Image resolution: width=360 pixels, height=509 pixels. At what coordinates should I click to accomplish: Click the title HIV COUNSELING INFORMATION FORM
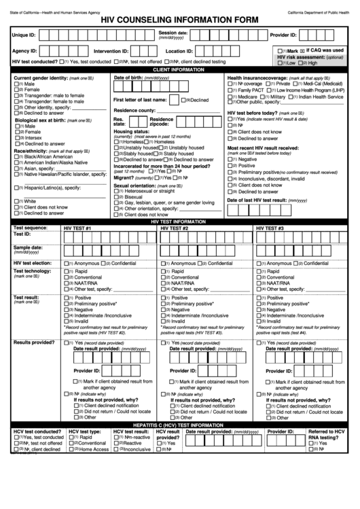[x=179, y=19]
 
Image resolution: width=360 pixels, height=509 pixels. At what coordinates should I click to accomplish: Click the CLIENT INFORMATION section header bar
[x=179, y=69]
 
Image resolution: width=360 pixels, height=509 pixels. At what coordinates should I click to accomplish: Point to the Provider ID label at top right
[x=283, y=34]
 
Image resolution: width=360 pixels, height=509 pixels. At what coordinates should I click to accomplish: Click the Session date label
[x=173, y=32]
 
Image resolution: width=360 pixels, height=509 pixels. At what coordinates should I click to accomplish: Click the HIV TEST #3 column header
[x=270, y=228]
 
